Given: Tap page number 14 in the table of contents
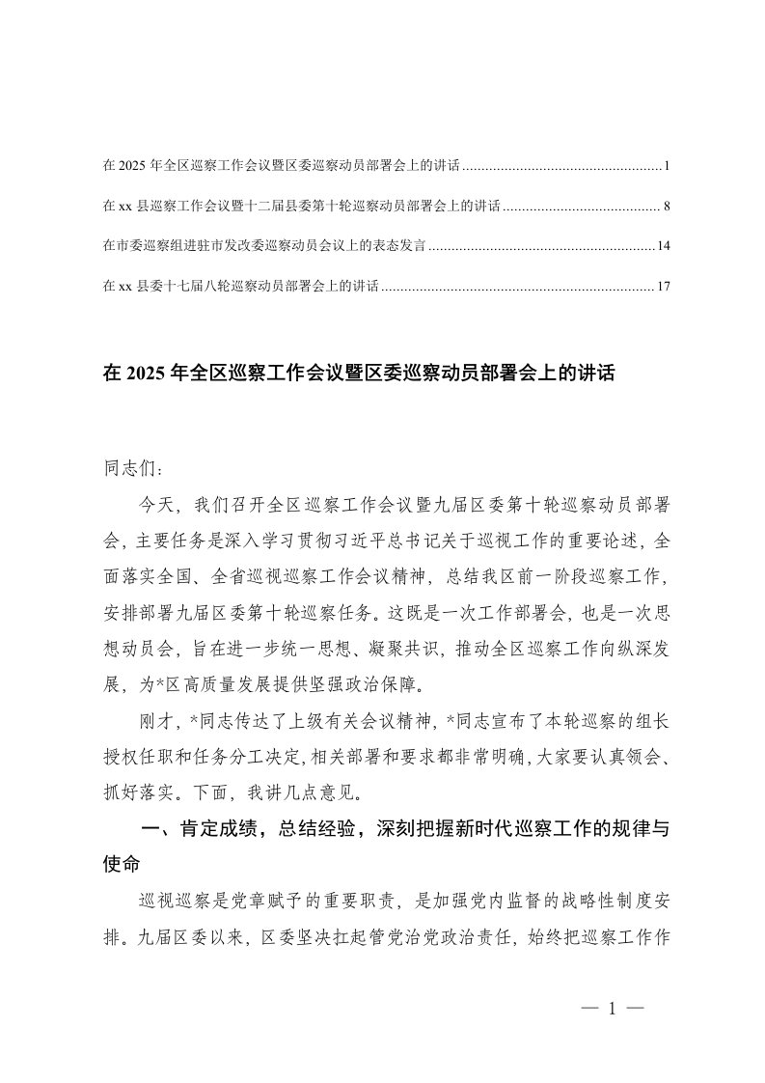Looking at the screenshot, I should click(663, 246).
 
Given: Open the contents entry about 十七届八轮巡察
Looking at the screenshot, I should click(241, 287).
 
